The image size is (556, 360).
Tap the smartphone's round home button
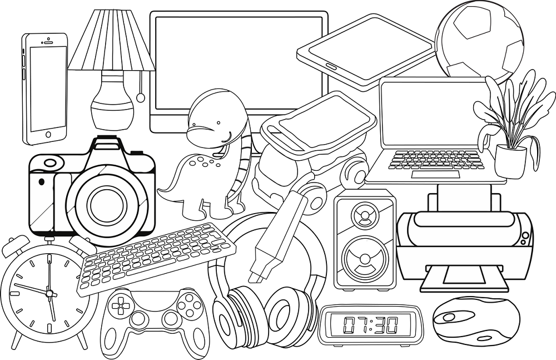tap(47, 134)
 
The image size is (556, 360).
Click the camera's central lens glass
tap(104, 199)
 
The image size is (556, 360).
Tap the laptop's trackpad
tap(436, 175)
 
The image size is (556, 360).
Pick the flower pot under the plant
tap(510, 161)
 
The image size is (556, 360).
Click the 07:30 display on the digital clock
tap(370, 324)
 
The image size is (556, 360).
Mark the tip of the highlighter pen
tap(256, 276)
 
